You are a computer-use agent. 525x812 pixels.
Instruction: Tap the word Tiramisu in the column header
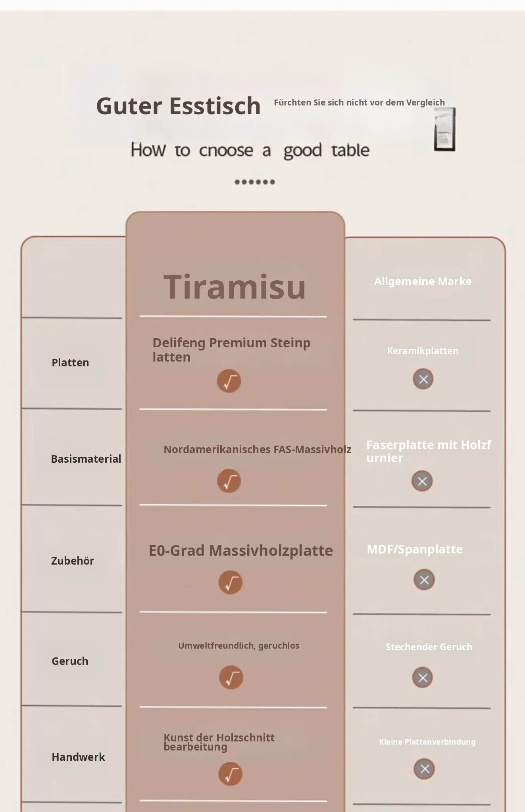pos(235,287)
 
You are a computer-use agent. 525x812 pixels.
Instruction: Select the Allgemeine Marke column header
pos(423,282)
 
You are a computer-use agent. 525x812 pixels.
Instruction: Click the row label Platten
pos(70,362)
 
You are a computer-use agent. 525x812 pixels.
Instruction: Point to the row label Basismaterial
pos(86,459)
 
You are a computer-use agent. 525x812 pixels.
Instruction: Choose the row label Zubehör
pos(73,561)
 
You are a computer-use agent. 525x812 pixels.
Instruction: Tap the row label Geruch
pos(70,661)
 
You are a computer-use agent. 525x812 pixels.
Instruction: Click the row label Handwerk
pos(78,757)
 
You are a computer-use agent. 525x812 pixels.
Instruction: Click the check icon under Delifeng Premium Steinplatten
pos(229,381)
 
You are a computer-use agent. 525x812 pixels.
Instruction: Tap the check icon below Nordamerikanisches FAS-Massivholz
pos(229,481)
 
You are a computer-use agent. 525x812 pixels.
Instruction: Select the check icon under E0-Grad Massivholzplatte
pos(231,582)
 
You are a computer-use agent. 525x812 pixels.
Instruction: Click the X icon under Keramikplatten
pos(423,379)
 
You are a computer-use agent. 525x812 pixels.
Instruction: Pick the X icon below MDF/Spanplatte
pos(424,580)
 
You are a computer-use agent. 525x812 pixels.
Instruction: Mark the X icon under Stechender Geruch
pos(423,678)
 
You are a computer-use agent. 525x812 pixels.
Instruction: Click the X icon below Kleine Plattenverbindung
pos(424,769)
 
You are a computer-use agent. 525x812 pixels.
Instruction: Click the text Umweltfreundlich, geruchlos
pos(238,646)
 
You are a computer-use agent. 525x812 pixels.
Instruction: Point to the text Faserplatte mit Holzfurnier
pos(429,451)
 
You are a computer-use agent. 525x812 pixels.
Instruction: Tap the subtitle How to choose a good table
pos(250,150)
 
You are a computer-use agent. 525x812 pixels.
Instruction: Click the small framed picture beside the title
pos(445,129)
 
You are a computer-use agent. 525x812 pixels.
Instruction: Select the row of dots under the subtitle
pos(255,182)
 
